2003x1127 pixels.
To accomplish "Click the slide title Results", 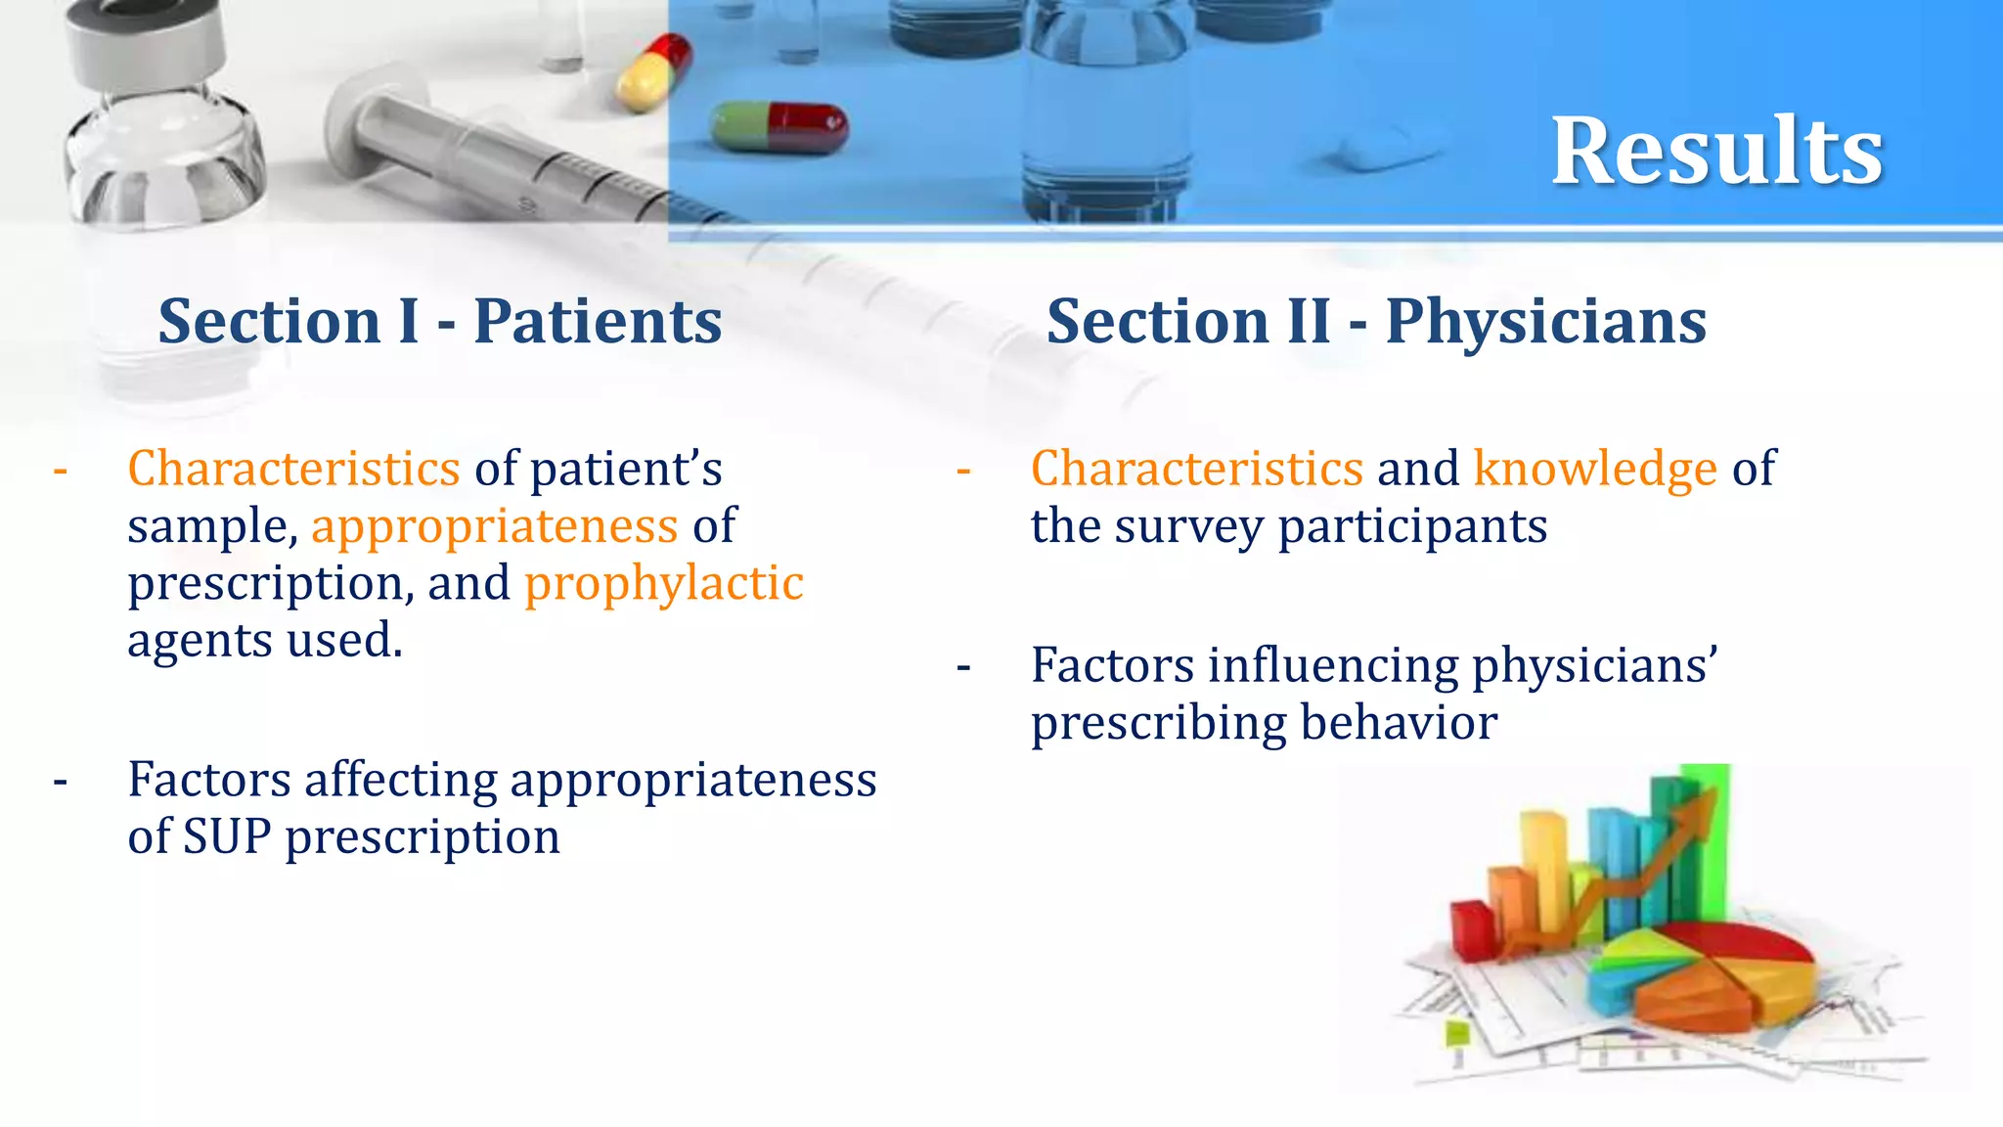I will click(1716, 152).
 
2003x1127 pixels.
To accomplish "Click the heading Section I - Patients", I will click(440, 322).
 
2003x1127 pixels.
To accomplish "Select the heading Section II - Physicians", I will click(1376, 322).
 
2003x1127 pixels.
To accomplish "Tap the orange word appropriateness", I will click(494, 526).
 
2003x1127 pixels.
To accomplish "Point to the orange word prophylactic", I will click(664, 584).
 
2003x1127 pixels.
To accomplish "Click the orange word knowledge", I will click(1595, 469).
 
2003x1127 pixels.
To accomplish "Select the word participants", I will click(1412, 526).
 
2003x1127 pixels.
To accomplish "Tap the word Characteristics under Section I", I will click(293, 469).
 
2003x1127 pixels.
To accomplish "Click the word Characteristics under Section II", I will click(1197, 469).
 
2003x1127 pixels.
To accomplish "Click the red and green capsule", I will click(779, 128).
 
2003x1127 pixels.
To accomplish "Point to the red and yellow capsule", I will click(653, 70).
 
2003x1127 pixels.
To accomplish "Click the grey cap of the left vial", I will click(137, 39).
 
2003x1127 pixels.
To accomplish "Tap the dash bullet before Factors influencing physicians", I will click(963, 668).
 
